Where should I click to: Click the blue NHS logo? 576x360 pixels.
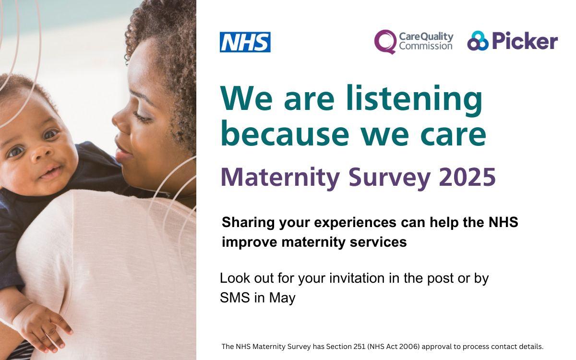(x=245, y=42)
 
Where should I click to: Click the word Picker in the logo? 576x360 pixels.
(x=525, y=42)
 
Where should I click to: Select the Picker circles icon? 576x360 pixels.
(x=477, y=41)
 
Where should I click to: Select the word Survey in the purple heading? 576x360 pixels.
(x=389, y=178)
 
